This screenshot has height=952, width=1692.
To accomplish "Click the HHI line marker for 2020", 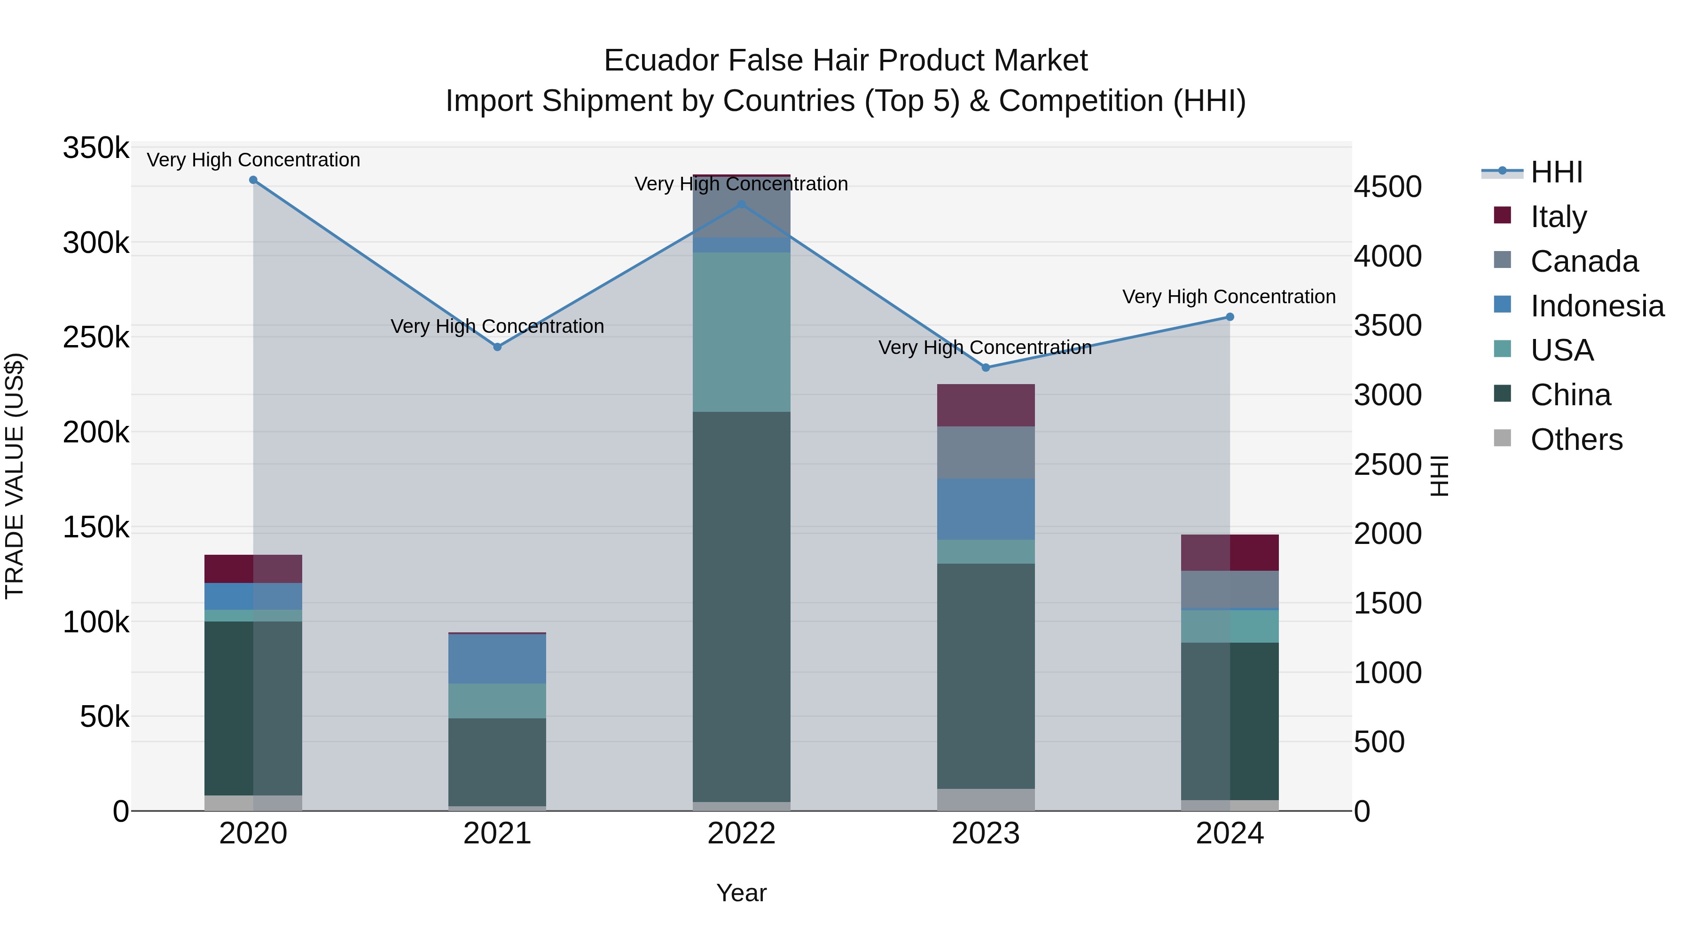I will pos(253,180).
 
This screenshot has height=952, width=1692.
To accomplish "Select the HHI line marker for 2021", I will pos(497,347).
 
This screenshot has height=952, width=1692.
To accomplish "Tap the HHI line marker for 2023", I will pos(985,368).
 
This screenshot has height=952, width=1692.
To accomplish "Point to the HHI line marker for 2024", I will pos(1230,317).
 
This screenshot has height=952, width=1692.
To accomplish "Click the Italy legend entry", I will pos(1558,217).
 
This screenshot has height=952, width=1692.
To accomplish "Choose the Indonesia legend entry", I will pos(1596,306).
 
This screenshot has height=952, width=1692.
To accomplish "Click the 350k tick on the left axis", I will pos(96,149).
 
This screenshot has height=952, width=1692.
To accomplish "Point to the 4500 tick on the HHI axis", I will pos(1388,187).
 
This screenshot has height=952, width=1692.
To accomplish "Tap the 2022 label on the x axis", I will pos(742,834).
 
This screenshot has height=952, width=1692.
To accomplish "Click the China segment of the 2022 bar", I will pos(742,605).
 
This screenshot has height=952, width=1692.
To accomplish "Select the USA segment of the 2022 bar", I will pos(742,332).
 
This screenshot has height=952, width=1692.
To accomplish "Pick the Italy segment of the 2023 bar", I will pos(985,405).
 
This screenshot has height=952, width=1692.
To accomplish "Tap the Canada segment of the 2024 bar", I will pos(1230,590).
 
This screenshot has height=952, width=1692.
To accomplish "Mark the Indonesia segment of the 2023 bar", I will pos(985,509).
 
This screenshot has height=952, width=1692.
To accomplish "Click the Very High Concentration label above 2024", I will pos(1229,297).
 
